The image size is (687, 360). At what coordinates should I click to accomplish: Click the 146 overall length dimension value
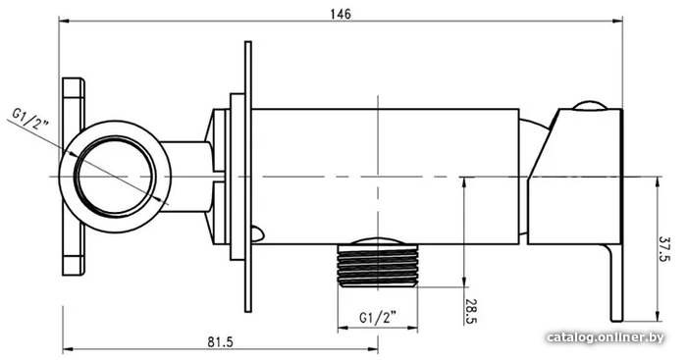click(341, 14)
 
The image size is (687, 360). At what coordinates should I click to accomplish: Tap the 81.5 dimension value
click(221, 341)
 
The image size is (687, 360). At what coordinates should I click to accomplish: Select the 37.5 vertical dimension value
click(664, 249)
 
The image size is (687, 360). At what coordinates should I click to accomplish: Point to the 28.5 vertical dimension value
click(471, 311)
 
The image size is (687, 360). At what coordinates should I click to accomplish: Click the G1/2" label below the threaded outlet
click(378, 317)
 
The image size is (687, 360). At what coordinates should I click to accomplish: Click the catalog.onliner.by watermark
click(606, 337)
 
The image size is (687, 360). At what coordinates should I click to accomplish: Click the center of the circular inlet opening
click(115, 177)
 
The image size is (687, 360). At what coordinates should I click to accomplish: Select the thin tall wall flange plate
click(248, 177)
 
